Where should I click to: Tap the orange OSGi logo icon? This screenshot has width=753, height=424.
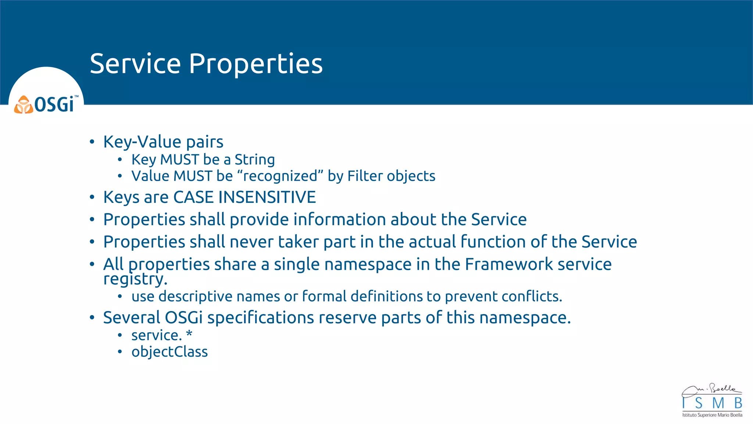click(x=24, y=105)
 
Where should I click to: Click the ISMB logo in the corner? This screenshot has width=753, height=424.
click(x=712, y=401)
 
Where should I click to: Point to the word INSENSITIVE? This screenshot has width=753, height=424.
click(x=267, y=197)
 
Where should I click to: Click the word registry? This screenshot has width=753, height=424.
click(x=135, y=279)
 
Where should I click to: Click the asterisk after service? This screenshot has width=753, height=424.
click(x=189, y=334)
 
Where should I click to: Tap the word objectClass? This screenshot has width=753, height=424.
click(x=169, y=352)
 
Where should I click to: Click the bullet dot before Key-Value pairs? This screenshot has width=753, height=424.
click(x=92, y=142)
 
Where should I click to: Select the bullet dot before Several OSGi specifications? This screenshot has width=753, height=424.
click(x=92, y=318)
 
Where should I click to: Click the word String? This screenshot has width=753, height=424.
click(x=254, y=160)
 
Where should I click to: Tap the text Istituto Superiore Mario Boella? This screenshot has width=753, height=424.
click(x=712, y=415)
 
